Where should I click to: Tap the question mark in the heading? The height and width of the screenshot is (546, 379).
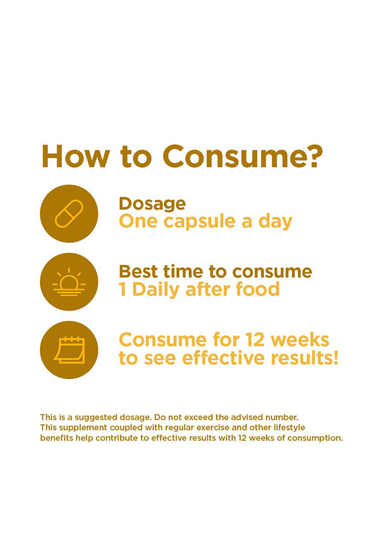click(311, 156)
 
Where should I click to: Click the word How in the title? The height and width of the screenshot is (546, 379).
click(76, 156)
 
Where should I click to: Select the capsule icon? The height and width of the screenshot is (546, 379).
click(69, 214)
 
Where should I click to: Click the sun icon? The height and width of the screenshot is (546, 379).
click(69, 282)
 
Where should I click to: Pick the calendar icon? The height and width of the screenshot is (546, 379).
click(69, 350)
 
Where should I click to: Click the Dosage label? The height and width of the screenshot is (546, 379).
click(152, 204)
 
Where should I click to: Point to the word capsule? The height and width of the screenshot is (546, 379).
click(200, 222)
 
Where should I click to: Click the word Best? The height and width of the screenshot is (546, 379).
click(139, 272)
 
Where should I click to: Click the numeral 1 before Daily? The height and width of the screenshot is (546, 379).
click(122, 289)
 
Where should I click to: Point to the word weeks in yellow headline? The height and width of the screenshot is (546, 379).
click(300, 340)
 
